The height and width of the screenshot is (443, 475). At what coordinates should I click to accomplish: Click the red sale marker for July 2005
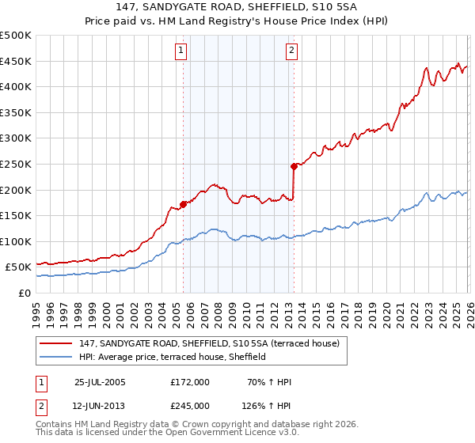[x=183, y=204]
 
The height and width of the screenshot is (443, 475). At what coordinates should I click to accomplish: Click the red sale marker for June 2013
[x=294, y=166]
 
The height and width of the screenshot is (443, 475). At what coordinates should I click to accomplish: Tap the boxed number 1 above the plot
[x=182, y=51]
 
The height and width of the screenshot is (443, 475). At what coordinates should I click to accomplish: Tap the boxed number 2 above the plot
[x=291, y=51]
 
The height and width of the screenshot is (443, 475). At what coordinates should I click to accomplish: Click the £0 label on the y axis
[x=25, y=293]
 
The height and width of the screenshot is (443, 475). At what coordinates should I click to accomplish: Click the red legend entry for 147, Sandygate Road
[x=210, y=343]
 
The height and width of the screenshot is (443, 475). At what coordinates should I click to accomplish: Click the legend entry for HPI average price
[x=172, y=358]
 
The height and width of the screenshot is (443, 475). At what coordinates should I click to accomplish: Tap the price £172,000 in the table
[x=190, y=382]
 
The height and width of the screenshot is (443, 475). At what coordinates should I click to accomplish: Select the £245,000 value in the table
[x=190, y=406]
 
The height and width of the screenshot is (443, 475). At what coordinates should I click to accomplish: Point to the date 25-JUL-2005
[x=100, y=382]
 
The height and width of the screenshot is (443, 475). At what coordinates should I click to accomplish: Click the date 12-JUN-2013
[x=100, y=406]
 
